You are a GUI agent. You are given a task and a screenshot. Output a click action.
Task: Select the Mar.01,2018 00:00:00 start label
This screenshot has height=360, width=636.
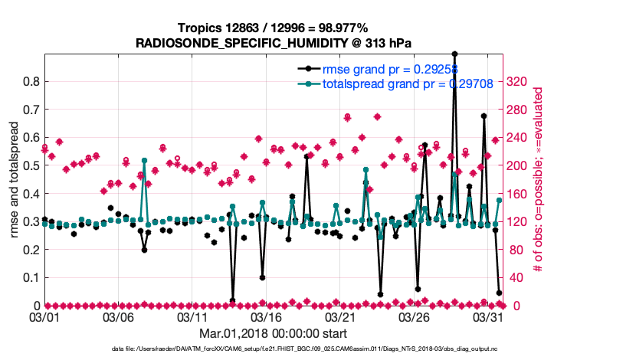click(273, 332)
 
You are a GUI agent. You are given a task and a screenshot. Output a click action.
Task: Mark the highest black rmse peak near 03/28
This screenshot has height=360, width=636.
click(454, 54)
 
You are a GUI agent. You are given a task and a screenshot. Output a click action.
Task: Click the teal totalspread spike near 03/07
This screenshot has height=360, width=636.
click(144, 160)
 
